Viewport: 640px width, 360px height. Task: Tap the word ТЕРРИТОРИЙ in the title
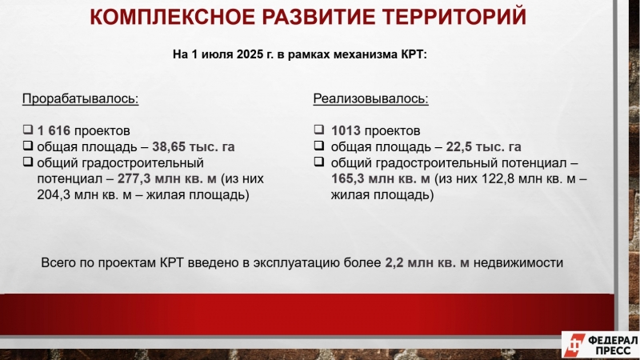(454, 17)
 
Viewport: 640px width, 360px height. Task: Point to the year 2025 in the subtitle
(250, 54)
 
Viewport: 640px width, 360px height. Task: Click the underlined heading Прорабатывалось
(81, 98)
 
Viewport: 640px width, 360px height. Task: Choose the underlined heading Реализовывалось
(370, 98)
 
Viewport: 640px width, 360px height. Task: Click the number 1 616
(54, 130)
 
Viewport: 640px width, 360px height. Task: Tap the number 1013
(346, 130)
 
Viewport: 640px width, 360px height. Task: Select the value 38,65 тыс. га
(194, 146)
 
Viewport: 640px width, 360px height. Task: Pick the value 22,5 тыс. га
(483, 146)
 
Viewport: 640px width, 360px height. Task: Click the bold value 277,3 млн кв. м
(167, 178)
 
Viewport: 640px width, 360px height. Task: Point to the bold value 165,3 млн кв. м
(381, 178)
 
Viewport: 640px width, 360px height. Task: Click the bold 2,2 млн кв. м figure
(427, 262)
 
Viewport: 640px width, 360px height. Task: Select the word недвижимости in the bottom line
(518, 262)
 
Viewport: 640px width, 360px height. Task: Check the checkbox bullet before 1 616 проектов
(28, 130)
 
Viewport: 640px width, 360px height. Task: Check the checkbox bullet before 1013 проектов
(319, 130)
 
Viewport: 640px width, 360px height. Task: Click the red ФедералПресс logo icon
(575, 345)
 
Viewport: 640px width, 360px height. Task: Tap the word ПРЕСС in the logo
(613, 350)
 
